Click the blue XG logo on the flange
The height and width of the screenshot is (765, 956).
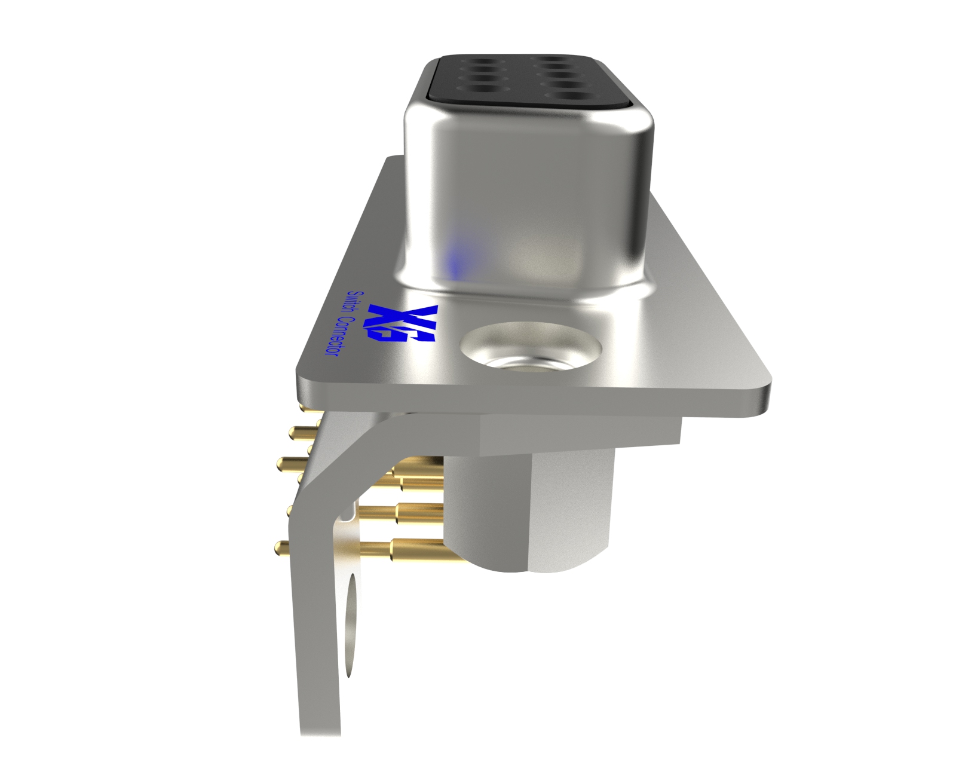pyautogui.click(x=404, y=323)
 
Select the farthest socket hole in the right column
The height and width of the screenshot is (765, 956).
pyautogui.click(x=555, y=62)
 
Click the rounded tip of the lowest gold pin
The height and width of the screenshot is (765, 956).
pyautogui.click(x=278, y=546)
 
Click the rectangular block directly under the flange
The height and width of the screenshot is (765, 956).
pyautogui.click(x=580, y=433)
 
